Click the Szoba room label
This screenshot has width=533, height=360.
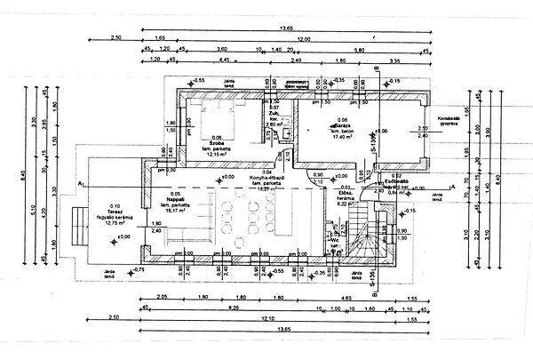point(217,142)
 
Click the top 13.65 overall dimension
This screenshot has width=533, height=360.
point(286,28)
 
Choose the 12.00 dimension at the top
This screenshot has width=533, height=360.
point(304,40)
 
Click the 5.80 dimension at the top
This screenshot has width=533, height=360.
point(358,51)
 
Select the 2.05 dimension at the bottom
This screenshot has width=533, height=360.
point(162,296)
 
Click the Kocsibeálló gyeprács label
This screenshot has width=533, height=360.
point(445,120)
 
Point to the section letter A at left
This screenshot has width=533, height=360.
point(80,183)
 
